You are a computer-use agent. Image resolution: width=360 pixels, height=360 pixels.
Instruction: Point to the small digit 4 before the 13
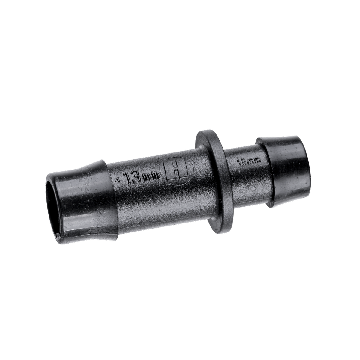pos(119,180)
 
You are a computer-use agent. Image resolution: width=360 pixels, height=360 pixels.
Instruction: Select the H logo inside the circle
pos(177,171)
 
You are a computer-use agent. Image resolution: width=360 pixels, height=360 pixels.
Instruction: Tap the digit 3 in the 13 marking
pos(136,177)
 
